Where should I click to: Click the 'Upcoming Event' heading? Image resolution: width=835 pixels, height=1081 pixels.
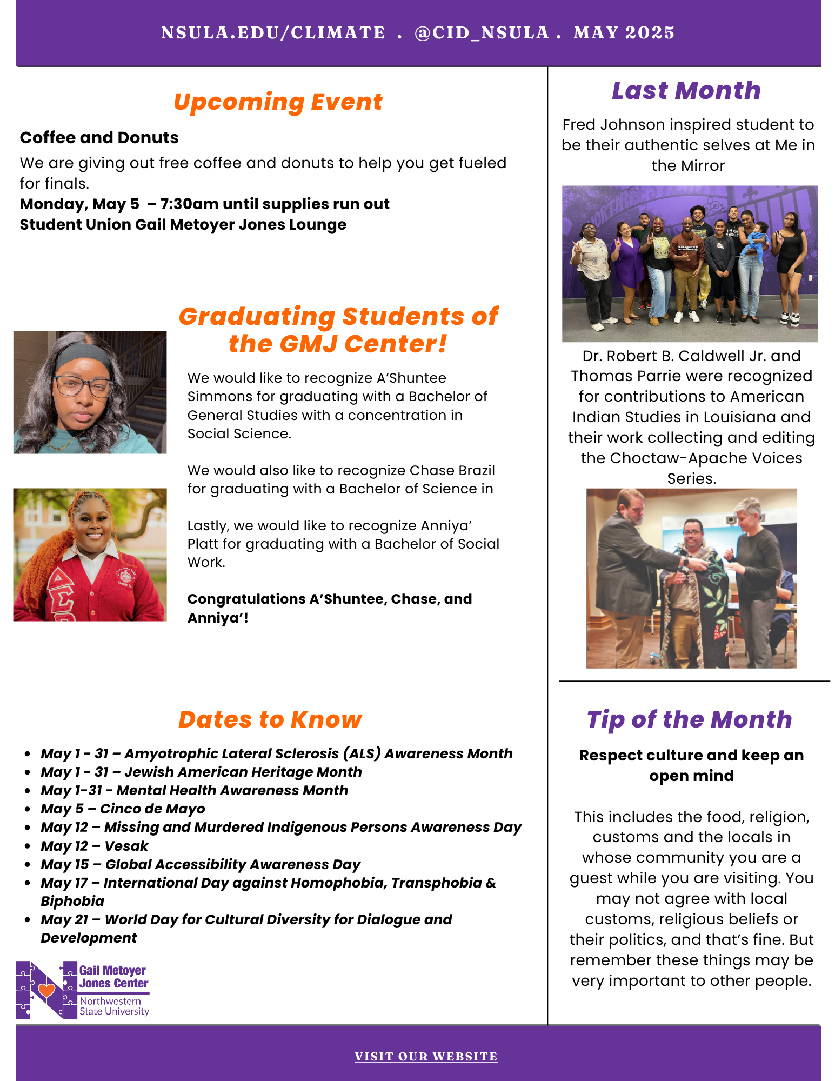click(x=278, y=102)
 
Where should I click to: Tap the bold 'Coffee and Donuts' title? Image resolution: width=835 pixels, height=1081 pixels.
click(x=99, y=138)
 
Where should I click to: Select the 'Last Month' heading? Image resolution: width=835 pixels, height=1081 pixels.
click(x=686, y=91)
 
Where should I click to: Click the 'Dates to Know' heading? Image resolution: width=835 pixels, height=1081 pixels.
click(x=270, y=719)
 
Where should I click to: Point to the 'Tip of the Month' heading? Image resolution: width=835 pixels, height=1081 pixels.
click(x=689, y=719)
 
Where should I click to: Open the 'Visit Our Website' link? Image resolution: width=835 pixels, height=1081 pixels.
click(x=426, y=1056)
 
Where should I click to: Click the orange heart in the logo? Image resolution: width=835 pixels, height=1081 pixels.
click(x=46, y=990)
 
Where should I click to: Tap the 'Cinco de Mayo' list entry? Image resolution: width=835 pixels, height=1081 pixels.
click(x=123, y=809)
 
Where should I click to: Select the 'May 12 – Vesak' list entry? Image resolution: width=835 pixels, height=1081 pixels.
click(x=95, y=846)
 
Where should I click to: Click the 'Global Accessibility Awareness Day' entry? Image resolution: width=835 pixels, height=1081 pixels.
click(x=201, y=864)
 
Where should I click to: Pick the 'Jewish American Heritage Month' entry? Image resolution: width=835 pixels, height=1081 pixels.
click(x=202, y=772)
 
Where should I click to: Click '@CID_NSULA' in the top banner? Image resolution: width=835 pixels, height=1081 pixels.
click(x=482, y=33)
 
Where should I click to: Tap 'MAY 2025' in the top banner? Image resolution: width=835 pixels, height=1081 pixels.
click(x=624, y=33)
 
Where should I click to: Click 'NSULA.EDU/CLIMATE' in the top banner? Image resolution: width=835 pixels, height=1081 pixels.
click(x=273, y=33)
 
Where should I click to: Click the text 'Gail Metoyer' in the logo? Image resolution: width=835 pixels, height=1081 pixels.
click(x=112, y=971)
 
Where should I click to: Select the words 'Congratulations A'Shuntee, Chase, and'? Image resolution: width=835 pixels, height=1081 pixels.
click(x=330, y=599)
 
